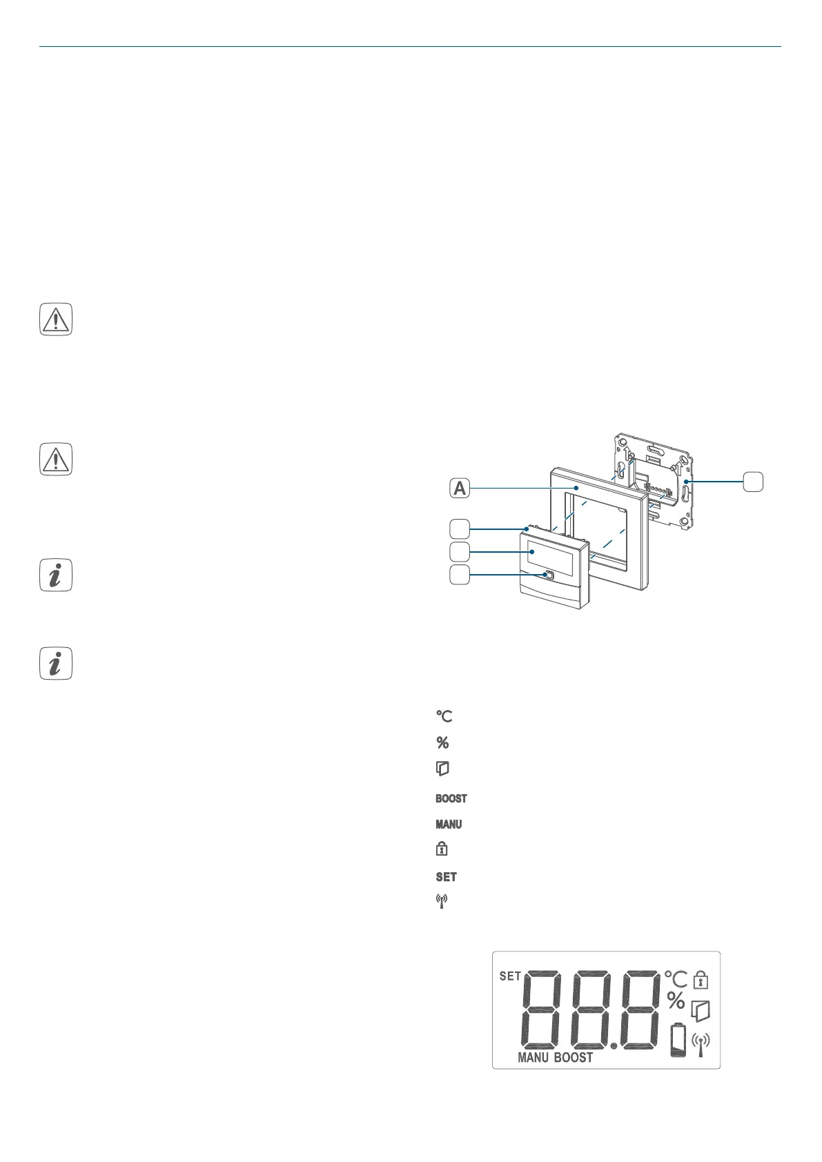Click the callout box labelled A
click(460, 489)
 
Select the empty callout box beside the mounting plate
click(754, 480)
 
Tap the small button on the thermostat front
click(549, 574)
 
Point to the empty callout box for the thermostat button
click(460, 574)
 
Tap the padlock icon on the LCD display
click(701, 979)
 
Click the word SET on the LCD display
click(510, 976)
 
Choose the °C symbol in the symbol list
click(444, 716)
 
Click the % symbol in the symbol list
click(442, 742)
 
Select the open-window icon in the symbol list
click(442, 769)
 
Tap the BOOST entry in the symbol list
click(451, 798)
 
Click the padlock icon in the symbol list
click(442, 849)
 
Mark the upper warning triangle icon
click(56, 320)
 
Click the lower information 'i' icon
click(56, 664)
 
